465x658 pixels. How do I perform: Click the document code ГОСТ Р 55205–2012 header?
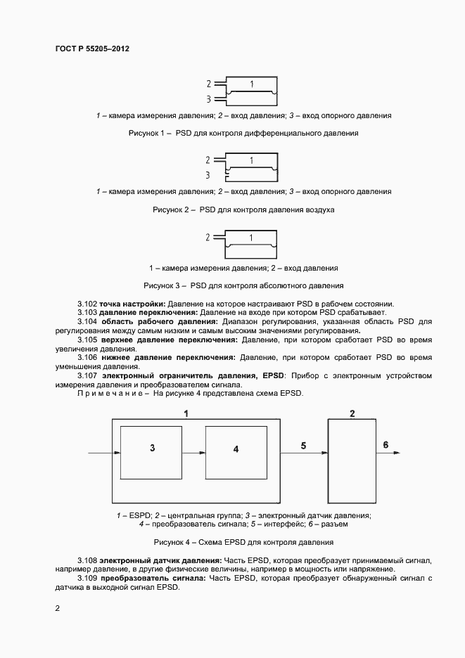tap(91, 49)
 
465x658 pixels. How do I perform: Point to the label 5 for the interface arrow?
tap(303, 446)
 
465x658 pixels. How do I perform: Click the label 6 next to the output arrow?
tap(385, 444)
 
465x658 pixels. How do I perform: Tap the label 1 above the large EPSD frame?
tap(186, 413)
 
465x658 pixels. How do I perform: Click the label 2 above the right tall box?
tap(352, 413)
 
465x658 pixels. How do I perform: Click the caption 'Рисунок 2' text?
tap(172, 209)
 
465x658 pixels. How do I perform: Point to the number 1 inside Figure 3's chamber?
tap(252, 238)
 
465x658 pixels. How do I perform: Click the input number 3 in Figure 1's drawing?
tap(208, 99)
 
